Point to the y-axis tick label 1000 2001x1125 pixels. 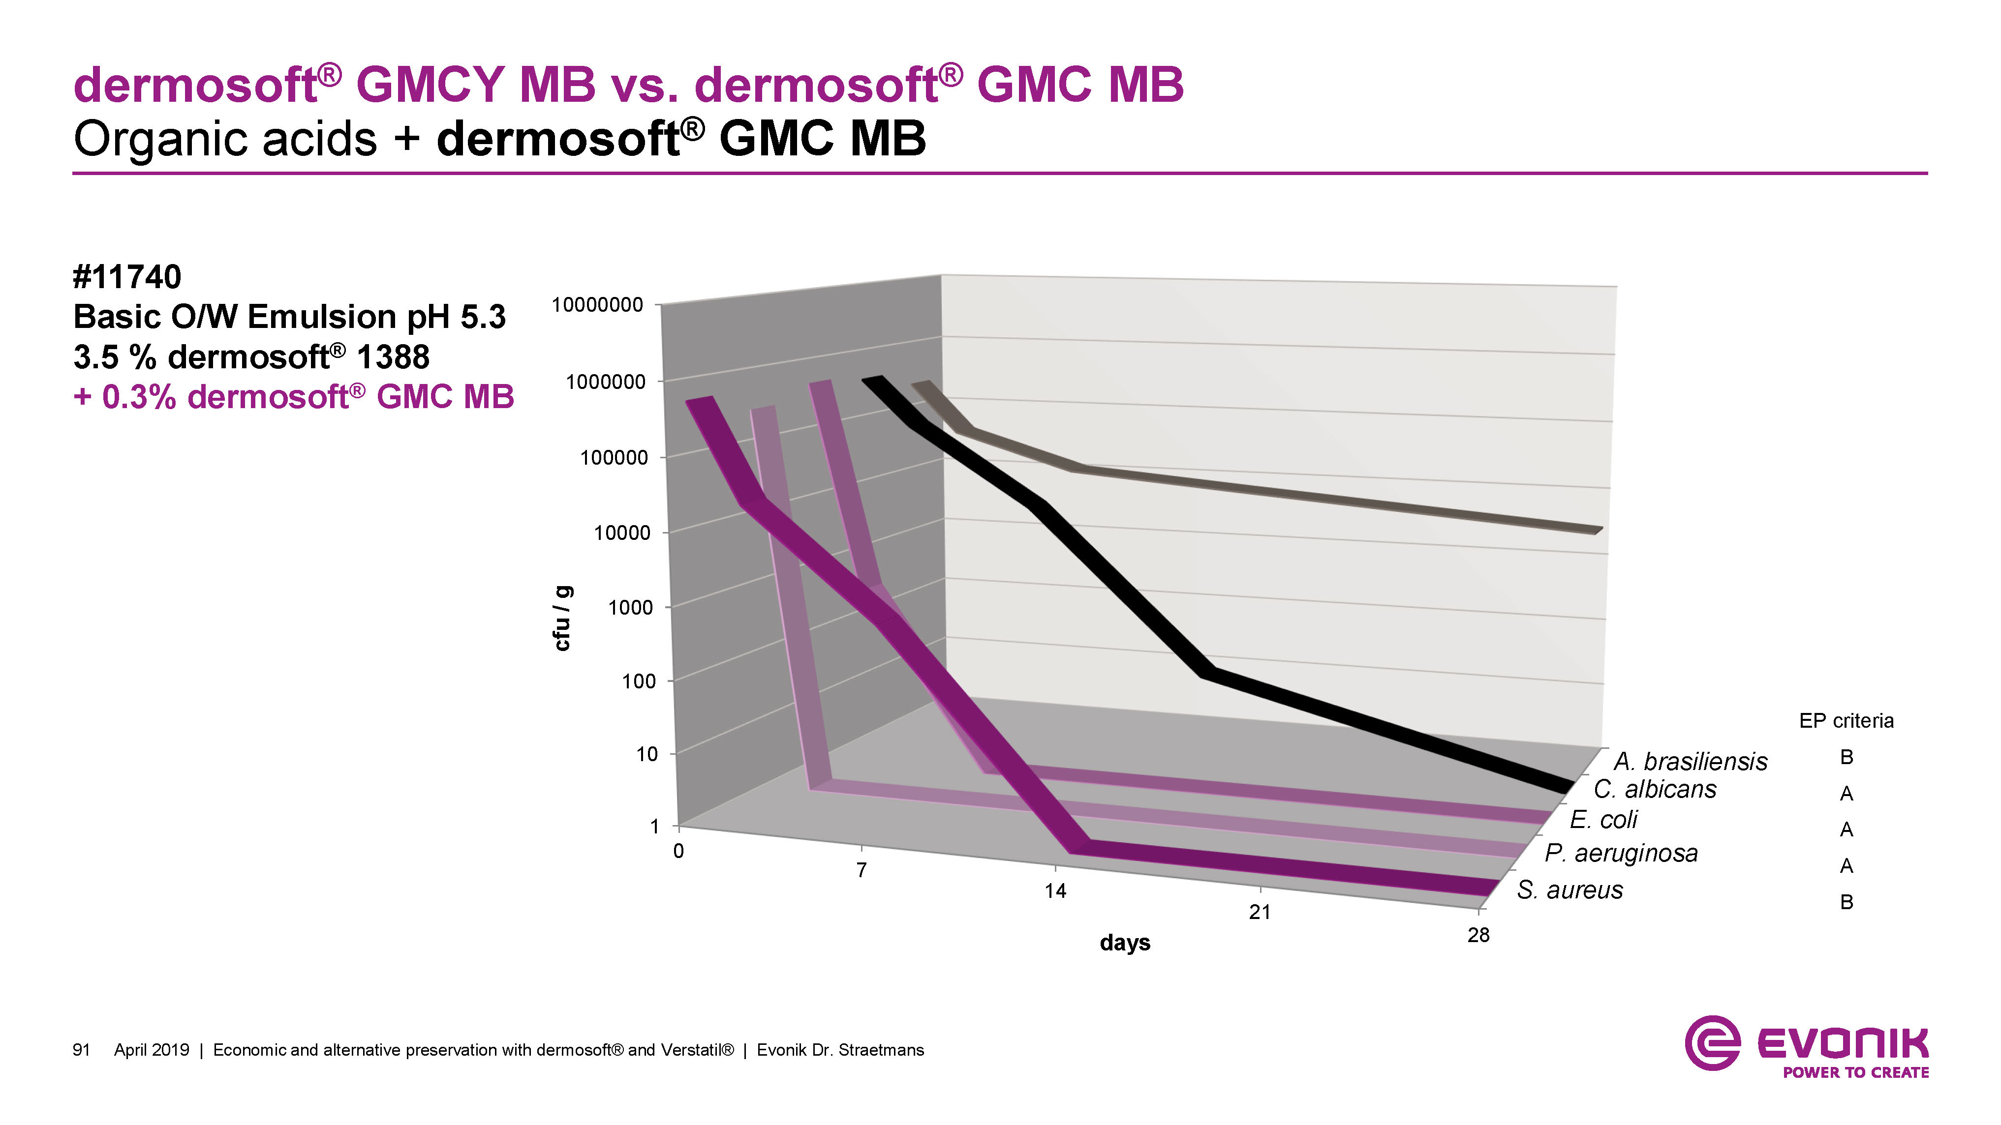[630, 608]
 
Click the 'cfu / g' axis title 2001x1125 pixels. [562, 618]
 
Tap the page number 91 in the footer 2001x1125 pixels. [82, 1050]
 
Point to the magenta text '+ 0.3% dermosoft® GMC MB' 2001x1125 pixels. [294, 397]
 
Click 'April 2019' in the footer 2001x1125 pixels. [152, 1050]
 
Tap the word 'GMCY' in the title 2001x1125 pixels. [430, 84]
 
